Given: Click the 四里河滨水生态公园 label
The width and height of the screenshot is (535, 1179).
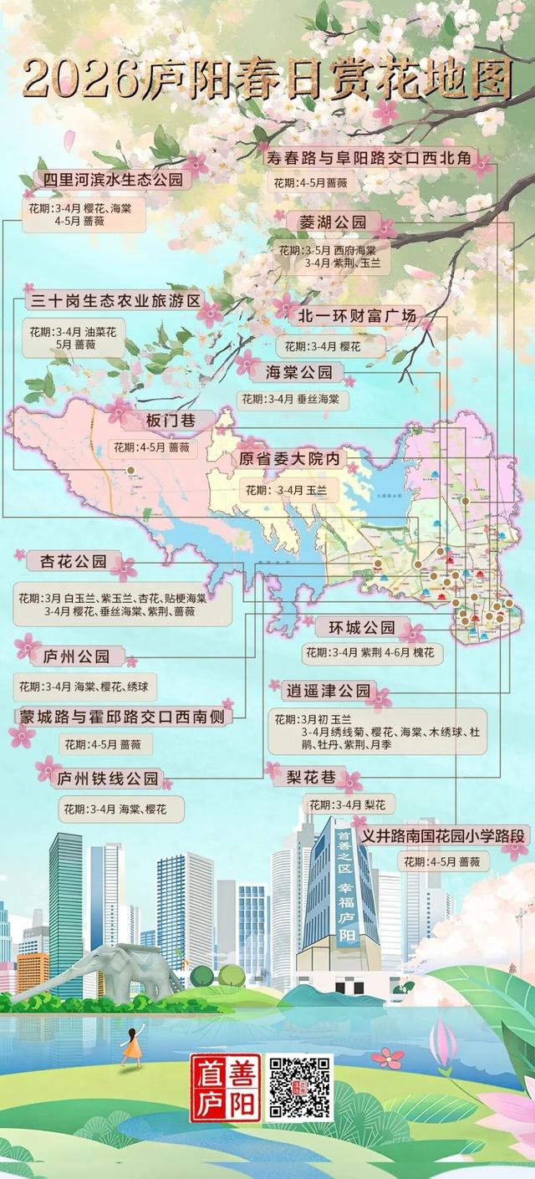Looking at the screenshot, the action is pyautogui.click(x=112, y=180).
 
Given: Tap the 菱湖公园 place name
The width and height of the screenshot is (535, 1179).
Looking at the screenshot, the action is pyautogui.click(x=333, y=222).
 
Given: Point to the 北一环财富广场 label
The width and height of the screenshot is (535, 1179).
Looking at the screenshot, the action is pyautogui.click(x=357, y=316).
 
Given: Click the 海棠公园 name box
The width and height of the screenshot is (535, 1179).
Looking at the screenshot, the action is pyautogui.click(x=298, y=372).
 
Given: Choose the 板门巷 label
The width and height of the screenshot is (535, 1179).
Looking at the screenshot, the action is pyautogui.click(x=171, y=421).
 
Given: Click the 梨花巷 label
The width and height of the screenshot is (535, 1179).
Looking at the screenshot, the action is pyautogui.click(x=311, y=778).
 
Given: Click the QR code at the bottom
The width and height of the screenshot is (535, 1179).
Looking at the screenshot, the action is pyautogui.click(x=299, y=1087).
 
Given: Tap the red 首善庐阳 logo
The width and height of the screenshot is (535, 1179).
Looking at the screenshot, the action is pyautogui.click(x=226, y=1087).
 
